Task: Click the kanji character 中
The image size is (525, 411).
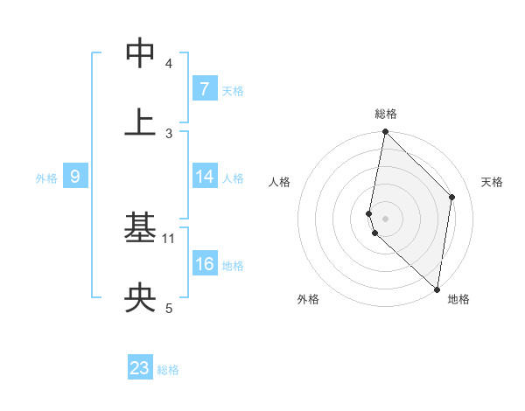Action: [x=141, y=53]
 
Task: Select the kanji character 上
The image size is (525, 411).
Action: [x=141, y=122]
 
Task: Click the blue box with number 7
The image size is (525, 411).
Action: [x=204, y=89]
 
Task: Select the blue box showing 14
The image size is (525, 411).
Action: [x=204, y=177]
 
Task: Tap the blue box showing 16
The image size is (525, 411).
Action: [x=204, y=264]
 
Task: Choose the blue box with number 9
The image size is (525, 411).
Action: [x=75, y=177]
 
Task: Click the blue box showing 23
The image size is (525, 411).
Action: [x=140, y=368]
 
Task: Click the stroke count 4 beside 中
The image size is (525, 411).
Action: [x=169, y=64]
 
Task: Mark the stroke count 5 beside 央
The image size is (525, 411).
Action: [x=169, y=308]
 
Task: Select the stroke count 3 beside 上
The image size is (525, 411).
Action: [x=169, y=133]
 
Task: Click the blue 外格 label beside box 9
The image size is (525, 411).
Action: [x=46, y=178]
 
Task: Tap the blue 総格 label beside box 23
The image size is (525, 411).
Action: [x=168, y=369]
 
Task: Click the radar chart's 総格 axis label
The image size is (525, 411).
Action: [x=385, y=114]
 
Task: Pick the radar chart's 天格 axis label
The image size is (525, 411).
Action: [x=493, y=182]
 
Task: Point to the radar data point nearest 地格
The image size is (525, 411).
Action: [x=437, y=289]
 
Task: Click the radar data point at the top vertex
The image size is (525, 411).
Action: [x=385, y=132]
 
